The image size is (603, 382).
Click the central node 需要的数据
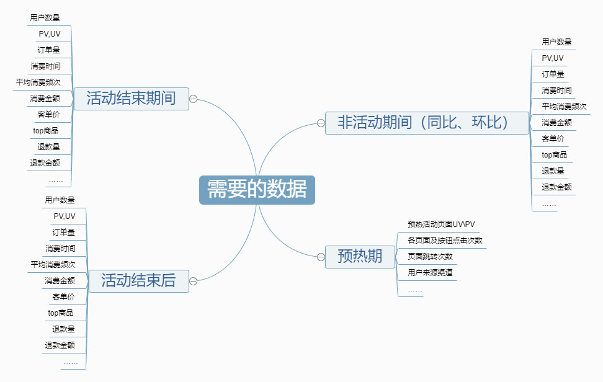pos(257,190)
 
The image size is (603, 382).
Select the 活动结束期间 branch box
pos(131,99)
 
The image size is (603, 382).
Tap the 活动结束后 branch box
pos(138,281)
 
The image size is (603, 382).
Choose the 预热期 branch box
pos(360,257)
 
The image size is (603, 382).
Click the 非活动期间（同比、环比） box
pos(427,123)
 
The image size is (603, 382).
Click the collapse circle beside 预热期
pos(321,257)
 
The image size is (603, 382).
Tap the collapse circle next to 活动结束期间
pos(194,99)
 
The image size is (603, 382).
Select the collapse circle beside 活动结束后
pos(194,282)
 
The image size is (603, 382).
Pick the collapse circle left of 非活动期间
pos(321,123)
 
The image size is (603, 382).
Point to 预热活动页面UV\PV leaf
pos(441,224)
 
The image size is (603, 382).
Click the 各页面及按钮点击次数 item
pos(445,240)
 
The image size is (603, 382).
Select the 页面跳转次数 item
pos(430,256)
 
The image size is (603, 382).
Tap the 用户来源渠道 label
pos(430,272)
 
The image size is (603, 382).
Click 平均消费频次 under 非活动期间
pos(564,107)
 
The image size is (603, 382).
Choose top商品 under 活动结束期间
pos(46,131)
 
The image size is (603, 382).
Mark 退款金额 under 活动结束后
pos(60,345)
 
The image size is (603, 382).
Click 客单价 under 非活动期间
pos(553,139)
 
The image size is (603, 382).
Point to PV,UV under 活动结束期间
pos(50,34)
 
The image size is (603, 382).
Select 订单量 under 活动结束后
pos(63,232)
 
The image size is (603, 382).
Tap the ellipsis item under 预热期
pos(415,291)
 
